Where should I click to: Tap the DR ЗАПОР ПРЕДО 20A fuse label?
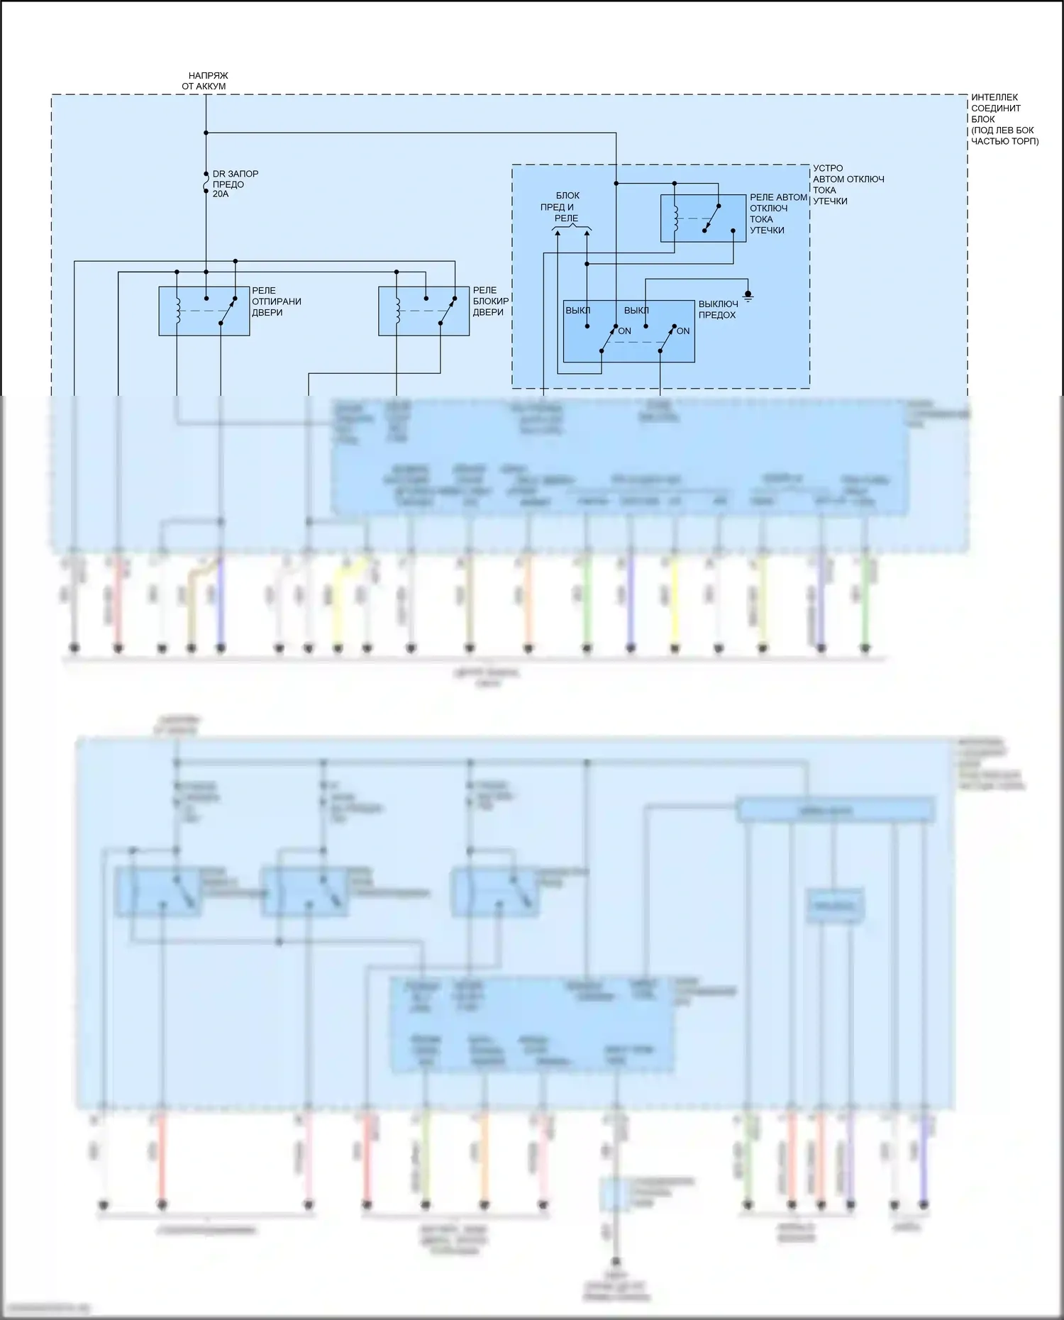pos(235,184)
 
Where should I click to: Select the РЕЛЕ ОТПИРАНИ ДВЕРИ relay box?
pos(204,311)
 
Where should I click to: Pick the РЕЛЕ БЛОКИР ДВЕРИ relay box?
pos(423,311)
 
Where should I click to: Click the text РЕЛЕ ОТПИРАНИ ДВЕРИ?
pos(276,301)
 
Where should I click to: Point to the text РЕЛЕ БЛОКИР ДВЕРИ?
pos(490,301)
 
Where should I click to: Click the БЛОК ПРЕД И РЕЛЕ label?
pos(567,206)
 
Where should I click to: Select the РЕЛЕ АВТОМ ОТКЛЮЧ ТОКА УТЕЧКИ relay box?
pos(703,218)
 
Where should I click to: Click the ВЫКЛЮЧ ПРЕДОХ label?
pos(718,309)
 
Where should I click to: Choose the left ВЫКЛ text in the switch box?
pos(577,311)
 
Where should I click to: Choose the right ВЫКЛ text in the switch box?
pos(636,311)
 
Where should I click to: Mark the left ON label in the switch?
pos(624,331)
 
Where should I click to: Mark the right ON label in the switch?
pos(683,331)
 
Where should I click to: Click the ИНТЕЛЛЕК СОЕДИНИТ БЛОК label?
pos(1004,119)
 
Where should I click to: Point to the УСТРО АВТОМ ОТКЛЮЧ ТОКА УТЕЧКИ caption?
pos(848,184)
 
